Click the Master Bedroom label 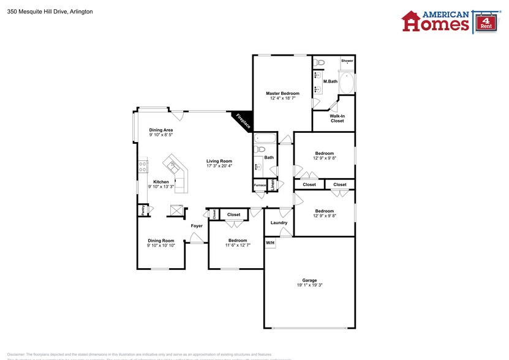(282, 93)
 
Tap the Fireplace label (243, 121)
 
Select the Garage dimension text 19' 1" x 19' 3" (309, 285)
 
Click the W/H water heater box (270, 243)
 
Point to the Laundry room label (279, 223)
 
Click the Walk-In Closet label (337, 118)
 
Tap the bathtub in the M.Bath (347, 83)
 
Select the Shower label (347, 61)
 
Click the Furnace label (260, 185)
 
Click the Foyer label (197, 226)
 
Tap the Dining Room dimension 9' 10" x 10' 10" (161, 246)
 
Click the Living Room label (219, 161)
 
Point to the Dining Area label (160, 130)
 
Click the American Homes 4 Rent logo (447, 21)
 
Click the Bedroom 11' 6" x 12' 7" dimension (238, 246)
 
